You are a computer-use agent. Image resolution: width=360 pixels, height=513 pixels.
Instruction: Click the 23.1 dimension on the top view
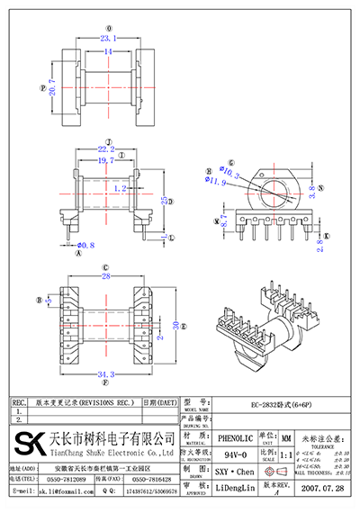[110, 40]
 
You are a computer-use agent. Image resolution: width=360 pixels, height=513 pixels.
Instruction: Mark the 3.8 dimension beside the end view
[312, 190]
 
